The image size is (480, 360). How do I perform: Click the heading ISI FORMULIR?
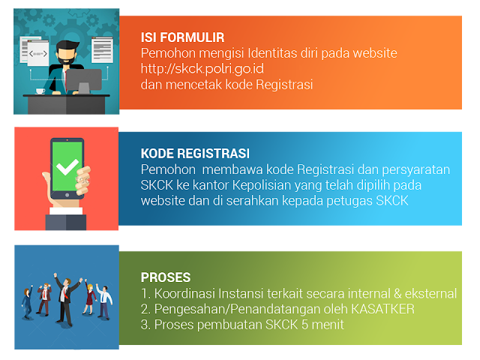[182, 37]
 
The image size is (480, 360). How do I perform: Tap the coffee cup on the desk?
[40, 91]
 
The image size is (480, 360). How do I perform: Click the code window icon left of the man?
[38, 55]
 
